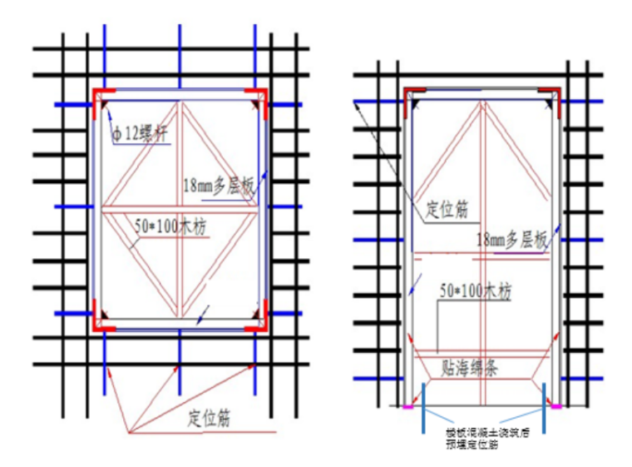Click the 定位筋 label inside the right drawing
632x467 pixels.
click(446, 209)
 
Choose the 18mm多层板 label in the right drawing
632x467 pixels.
click(511, 240)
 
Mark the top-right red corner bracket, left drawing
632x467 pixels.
click(258, 93)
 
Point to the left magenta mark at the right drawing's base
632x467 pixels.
click(408, 407)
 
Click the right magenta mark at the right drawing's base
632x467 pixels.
click(554, 407)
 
